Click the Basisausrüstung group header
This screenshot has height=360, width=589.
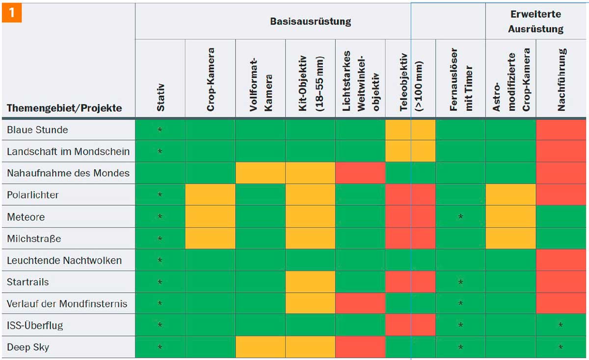click(x=310, y=22)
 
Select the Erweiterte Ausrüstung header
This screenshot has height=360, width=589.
click(x=535, y=22)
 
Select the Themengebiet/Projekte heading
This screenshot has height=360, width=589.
click(x=64, y=108)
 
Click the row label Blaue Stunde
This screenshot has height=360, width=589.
click(x=37, y=130)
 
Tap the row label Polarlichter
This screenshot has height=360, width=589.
click(x=33, y=195)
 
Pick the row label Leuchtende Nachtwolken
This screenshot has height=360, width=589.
click(x=64, y=260)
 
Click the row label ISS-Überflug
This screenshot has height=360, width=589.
click(x=35, y=325)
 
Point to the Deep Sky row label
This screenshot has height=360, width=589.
click(x=28, y=347)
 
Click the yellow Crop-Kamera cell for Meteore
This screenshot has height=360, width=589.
click(x=210, y=217)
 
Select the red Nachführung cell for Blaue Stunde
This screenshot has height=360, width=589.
click(x=561, y=130)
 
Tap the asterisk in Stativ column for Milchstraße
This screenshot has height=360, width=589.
click(x=160, y=239)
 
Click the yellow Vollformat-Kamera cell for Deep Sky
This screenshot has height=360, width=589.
click(x=260, y=347)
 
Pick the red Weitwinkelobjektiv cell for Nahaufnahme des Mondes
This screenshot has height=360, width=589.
click(x=360, y=173)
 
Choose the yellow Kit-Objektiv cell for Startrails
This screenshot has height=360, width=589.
click(x=310, y=282)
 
